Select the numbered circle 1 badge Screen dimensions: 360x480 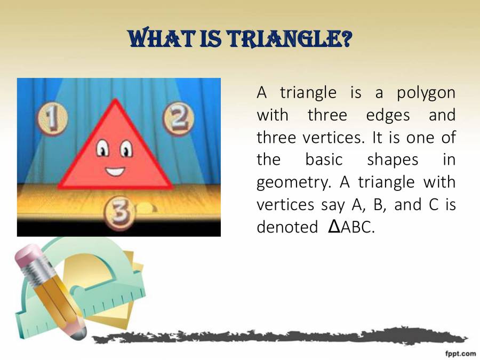click(x=52, y=119)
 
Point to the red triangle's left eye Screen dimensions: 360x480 click(x=101, y=149)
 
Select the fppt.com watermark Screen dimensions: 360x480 click(x=460, y=353)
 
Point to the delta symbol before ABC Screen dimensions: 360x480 click(x=333, y=226)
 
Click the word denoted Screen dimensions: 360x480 click(x=287, y=227)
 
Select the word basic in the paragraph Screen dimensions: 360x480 click(x=323, y=159)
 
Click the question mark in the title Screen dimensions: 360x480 click(x=345, y=38)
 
